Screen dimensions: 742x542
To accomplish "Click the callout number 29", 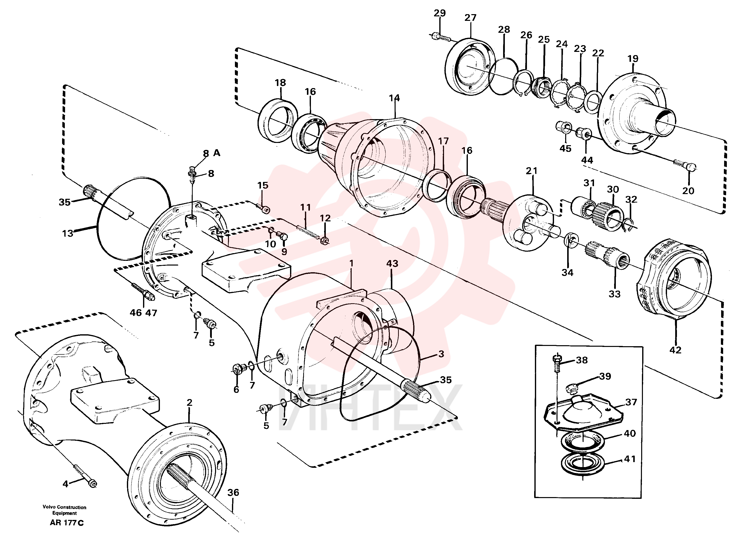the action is pos(440,13).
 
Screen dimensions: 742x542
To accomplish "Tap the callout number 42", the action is pos(675,350).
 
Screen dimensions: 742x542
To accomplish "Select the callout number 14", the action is pos(394,98).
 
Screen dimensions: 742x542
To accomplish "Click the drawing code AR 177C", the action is pos(67,523).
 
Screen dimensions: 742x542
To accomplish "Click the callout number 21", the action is pos(532,171).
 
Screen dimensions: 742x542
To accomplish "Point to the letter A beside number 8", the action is pos(217,153).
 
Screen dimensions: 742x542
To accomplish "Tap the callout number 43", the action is pos(392,264).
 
